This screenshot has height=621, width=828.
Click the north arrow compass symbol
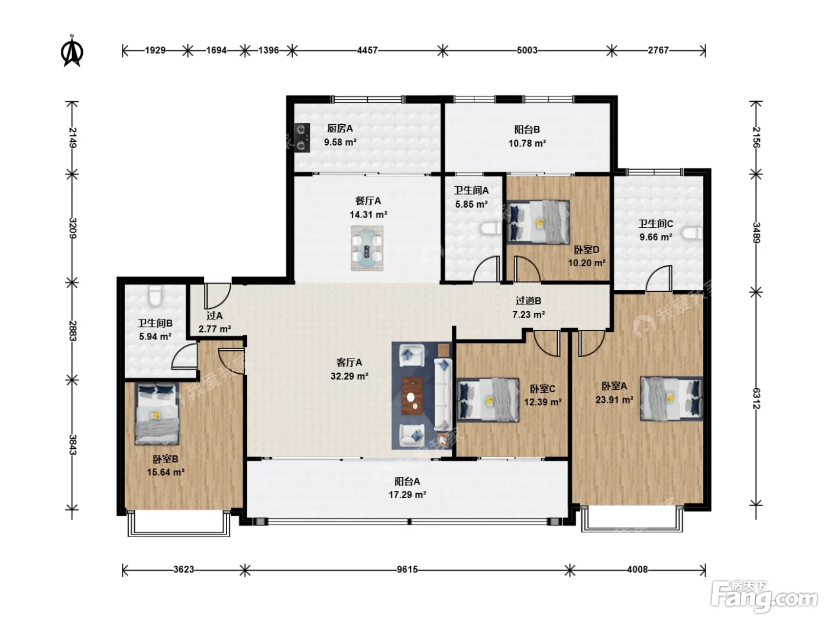coord(72,51)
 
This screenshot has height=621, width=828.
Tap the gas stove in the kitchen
coord(302,138)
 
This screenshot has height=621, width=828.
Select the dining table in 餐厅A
coord(367,248)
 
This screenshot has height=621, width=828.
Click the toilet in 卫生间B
coord(155,295)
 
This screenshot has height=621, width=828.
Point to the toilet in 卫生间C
coord(692,232)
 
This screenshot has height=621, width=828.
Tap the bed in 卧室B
coord(157,414)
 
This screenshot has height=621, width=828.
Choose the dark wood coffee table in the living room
coord(412,396)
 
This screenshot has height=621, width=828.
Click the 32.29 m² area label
coord(350,376)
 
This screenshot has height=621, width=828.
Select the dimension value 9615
coord(407,570)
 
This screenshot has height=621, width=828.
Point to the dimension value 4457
coord(367,50)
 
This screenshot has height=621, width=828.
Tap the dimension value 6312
coord(756,398)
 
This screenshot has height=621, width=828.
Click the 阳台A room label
coord(407,481)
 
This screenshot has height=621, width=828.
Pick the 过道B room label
coord(528,301)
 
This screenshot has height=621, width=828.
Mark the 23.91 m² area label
coord(614,400)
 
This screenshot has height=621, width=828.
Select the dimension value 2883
coord(73,331)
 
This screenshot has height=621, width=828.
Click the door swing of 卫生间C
coord(659,278)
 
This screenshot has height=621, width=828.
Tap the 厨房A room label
coord(340,128)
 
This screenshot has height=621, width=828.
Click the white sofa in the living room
coord(443,394)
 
